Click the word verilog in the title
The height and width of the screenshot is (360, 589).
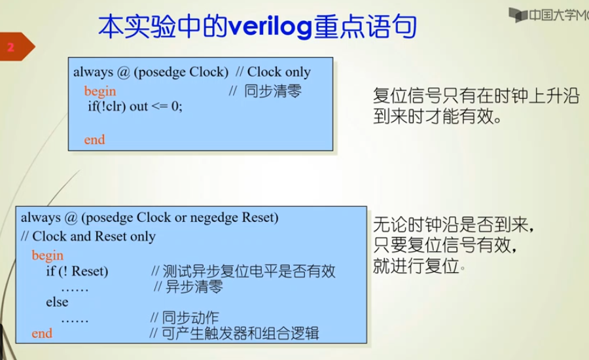click(270, 27)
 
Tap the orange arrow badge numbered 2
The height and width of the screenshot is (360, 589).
click(17, 46)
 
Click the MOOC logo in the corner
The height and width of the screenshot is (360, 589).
click(548, 15)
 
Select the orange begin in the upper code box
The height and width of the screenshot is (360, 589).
click(100, 91)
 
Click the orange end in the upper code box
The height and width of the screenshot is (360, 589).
click(94, 140)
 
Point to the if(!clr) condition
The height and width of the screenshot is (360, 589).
click(107, 106)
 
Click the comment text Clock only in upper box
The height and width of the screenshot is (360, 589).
click(279, 71)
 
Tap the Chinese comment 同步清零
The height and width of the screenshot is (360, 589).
click(273, 91)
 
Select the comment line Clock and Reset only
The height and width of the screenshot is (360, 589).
click(88, 236)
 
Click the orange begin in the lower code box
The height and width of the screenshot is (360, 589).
click(47, 255)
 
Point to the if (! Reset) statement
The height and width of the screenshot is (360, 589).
click(77, 271)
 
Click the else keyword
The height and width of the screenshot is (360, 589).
click(57, 302)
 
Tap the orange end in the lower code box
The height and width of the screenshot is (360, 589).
click(42, 333)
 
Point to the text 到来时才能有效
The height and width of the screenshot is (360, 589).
click(437, 116)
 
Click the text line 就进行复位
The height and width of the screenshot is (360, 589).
click(416, 266)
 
